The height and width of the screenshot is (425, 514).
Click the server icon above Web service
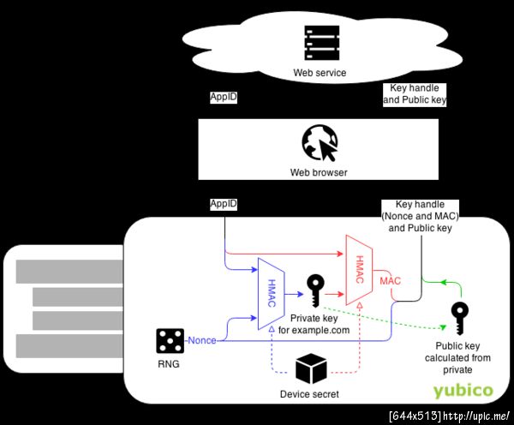(319, 44)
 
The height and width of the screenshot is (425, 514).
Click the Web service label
(320, 73)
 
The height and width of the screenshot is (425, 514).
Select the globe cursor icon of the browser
(319, 143)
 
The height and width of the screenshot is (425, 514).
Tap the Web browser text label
(319, 173)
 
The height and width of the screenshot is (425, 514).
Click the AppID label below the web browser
(224, 204)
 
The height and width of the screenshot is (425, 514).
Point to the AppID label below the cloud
(224, 98)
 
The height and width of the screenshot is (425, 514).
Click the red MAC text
(391, 280)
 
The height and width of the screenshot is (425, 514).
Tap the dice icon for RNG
(169, 341)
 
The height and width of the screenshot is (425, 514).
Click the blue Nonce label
(202, 340)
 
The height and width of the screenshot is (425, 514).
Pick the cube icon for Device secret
(310, 369)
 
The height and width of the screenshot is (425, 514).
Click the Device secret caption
(310, 395)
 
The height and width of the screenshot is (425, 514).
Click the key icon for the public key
(460, 319)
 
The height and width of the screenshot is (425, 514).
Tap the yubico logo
(463, 391)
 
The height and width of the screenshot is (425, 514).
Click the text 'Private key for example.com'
(314, 323)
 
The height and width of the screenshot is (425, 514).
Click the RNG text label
(169, 364)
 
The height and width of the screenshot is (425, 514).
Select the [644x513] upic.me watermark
(449, 416)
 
